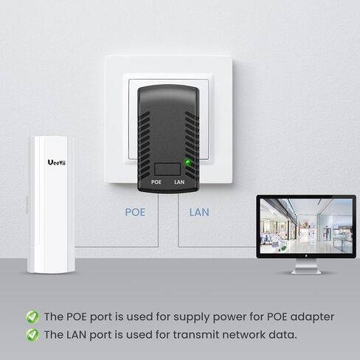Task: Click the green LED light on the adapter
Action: point(187,162)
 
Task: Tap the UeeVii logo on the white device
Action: point(57,162)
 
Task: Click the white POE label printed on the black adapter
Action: point(156,182)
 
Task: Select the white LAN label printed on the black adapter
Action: point(179,182)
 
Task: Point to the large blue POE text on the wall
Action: point(135,212)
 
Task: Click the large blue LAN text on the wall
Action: point(199,212)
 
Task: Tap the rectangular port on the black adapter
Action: point(167,169)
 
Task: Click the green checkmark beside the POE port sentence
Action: point(32,317)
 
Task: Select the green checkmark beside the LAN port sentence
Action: point(32,335)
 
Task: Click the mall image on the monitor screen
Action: point(306,226)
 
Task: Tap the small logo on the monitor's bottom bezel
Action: point(306,256)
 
